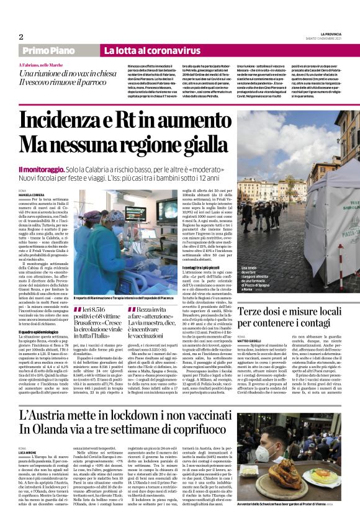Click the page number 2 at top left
coord(20,37)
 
